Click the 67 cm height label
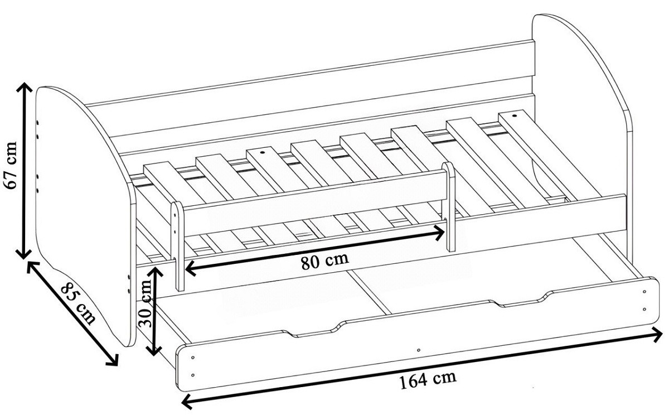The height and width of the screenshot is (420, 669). click(11, 165)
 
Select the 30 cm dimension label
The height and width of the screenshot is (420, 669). click(147, 303)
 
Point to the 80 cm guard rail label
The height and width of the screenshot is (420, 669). click(324, 261)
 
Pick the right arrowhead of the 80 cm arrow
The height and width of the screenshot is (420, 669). click(440, 233)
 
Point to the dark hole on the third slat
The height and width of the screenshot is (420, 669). click(263, 152)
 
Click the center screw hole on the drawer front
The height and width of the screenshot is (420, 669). click(419, 350)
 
